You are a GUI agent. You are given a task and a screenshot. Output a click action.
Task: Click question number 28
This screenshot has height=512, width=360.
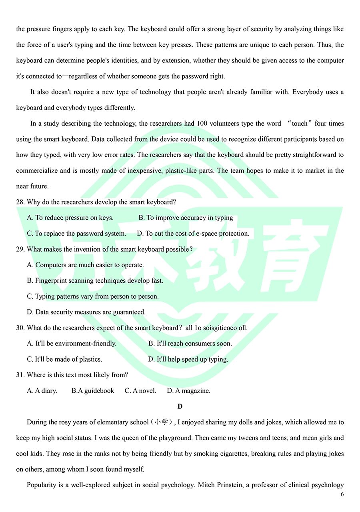(x=20, y=202)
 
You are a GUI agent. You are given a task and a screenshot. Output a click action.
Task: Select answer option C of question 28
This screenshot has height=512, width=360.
(x=76, y=234)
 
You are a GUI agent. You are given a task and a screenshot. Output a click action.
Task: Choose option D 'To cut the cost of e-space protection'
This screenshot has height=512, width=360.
(x=193, y=234)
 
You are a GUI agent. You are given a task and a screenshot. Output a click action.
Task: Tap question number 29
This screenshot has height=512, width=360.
(x=20, y=249)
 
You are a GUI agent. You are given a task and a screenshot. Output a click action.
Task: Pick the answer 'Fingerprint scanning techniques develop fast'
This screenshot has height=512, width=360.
(x=95, y=281)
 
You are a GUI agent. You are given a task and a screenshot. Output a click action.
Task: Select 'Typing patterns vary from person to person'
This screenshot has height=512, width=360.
(x=92, y=296)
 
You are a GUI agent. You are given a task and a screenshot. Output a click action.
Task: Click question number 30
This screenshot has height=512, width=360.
(x=20, y=328)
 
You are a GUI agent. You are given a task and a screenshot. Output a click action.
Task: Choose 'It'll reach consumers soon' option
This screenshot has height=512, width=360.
(x=190, y=344)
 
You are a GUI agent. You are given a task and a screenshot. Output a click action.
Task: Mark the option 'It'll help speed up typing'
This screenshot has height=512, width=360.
(x=188, y=359)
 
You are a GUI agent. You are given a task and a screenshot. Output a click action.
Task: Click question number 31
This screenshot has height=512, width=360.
(x=20, y=375)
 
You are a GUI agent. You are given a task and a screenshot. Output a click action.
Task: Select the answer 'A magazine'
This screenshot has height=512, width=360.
(x=188, y=391)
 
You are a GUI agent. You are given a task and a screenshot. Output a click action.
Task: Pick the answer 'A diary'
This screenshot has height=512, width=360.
(x=42, y=391)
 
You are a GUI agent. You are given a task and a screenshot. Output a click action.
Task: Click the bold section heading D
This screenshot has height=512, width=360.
(x=180, y=406)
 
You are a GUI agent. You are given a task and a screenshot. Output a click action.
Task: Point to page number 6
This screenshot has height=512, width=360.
(x=342, y=494)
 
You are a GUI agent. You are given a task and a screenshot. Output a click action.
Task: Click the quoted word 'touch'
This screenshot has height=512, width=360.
(x=300, y=124)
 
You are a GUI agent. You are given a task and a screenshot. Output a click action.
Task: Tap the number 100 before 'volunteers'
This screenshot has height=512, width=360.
(x=202, y=124)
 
